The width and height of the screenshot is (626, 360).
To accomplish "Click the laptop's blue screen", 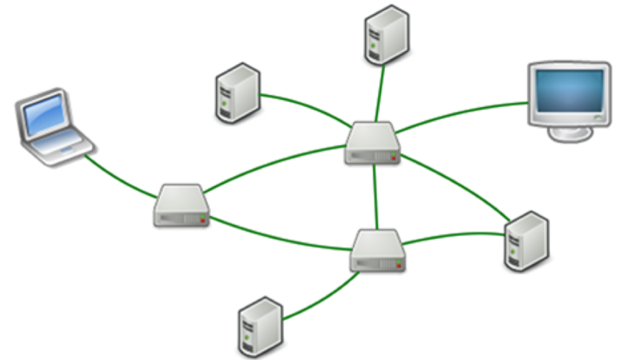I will click(x=47, y=116).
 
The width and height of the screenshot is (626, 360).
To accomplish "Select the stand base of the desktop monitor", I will click(x=571, y=134).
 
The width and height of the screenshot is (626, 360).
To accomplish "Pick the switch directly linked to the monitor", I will click(x=373, y=143).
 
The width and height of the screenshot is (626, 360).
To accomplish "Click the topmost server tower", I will click(x=385, y=34).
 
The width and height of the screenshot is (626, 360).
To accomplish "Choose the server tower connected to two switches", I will click(x=526, y=242).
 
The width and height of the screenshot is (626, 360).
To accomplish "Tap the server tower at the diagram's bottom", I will click(x=260, y=327).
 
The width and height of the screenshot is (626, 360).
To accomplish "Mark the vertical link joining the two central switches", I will click(x=376, y=196).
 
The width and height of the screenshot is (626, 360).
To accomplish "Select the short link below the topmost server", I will click(x=380, y=92).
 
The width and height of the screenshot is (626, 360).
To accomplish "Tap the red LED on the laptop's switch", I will click(x=203, y=218).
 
